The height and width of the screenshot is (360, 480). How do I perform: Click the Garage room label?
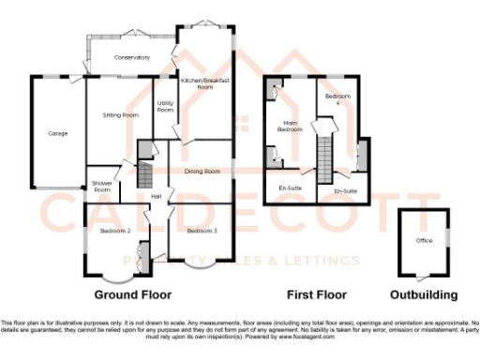[58, 134]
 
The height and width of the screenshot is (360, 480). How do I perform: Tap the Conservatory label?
[132, 58]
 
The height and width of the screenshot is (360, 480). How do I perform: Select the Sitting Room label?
[121, 114]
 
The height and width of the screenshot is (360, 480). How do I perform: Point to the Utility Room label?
[165, 107]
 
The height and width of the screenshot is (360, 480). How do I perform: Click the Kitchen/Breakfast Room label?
[205, 83]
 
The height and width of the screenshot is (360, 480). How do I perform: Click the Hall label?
[157, 195]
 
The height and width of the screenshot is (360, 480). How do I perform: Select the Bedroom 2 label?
[114, 231]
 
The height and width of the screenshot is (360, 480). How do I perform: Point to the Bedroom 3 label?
[201, 231]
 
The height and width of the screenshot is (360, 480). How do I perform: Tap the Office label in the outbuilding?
[424, 241]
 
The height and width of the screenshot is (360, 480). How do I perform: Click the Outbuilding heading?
[424, 294]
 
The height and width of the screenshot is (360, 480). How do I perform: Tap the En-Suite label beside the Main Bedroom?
[290, 187]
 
